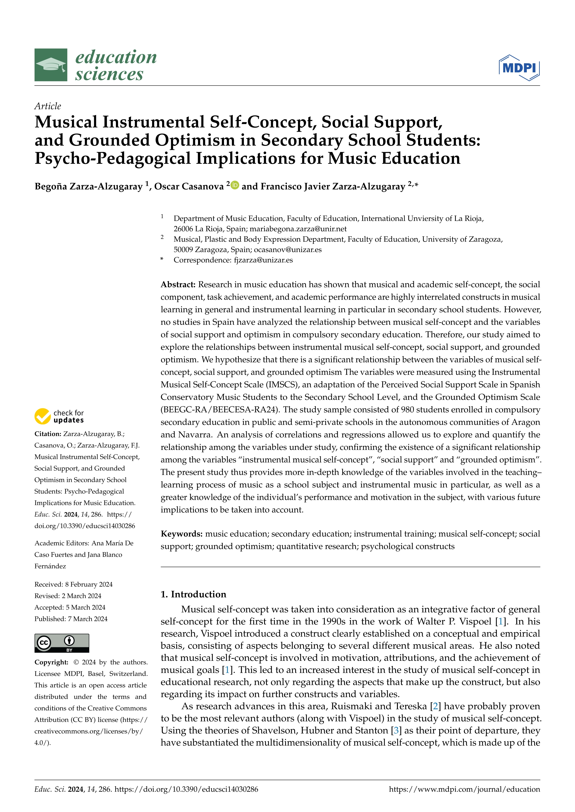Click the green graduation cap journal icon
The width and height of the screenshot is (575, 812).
pyautogui.click(x=51, y=65)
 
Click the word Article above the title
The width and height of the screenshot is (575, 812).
pyautogui.click(x=48, y=106)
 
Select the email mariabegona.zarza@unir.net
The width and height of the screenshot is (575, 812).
pyautogui.click(x=298, y=229)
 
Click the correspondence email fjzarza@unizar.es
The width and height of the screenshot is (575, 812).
pyautogui.click(x=263, y=260)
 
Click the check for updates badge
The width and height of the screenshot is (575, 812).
pyautogui.click(x=59, y=416)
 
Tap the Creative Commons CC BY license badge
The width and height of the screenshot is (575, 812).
pyautogui.click(x=62, y=643)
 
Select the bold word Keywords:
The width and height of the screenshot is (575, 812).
pyautogui.click(x=182, y=534)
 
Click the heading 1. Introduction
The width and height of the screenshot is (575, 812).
pyautogui.click(x=193, y=594)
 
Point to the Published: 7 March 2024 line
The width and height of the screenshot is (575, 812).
pyautogui.click(x=71, y=619)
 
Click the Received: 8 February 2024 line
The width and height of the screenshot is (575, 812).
pyautogui.click(x=73, y=585)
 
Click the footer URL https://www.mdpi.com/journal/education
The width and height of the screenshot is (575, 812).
pyautogui.click(x=464, y=789)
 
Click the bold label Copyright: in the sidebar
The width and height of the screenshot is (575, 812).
pyautogui.click(x=51, y=662)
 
